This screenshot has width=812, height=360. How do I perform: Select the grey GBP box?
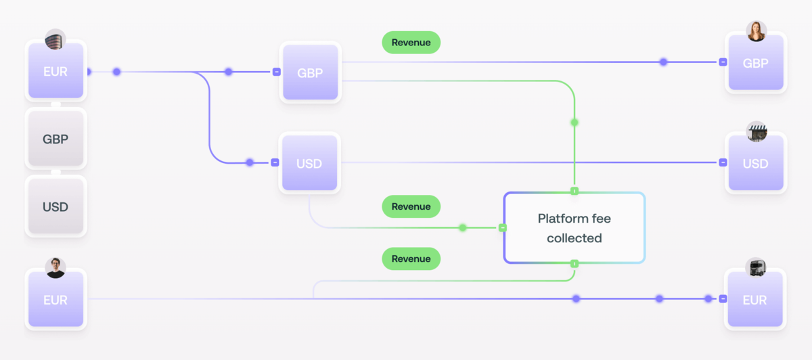[x=55, y=139]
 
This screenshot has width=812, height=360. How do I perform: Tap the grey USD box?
[x=55, y=206]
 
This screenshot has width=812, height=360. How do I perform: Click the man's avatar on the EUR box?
[x=55, y=267]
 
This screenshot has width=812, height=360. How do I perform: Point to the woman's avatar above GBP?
[x=756, y=31]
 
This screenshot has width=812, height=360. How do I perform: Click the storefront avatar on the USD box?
[x=756, y=132]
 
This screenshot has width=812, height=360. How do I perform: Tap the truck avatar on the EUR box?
[x=756, y=267]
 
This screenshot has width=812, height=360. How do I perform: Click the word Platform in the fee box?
[x=556, y=219]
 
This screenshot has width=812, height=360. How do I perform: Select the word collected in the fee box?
[x=574, y=238]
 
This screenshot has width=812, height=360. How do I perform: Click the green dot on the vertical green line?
[x=574, y=122]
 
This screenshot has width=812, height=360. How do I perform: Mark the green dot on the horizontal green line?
[x=463, y=228]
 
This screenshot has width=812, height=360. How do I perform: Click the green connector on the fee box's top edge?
[x=574, y=191]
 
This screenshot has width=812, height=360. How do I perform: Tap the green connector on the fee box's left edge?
[x=503, y=228]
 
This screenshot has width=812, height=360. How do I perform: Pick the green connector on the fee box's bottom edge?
[x=574, y=263]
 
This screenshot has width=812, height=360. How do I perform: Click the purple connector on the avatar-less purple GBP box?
[x=276, y=72]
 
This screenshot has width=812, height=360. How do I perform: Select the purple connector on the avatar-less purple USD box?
[x=275, y=162]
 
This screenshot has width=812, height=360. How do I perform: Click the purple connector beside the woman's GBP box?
[x=723, y=62]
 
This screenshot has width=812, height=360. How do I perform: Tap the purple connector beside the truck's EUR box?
[x=723, y=298]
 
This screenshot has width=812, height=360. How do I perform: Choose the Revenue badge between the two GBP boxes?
[x=411, y=43]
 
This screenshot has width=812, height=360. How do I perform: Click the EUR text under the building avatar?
[x=55, y=72]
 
